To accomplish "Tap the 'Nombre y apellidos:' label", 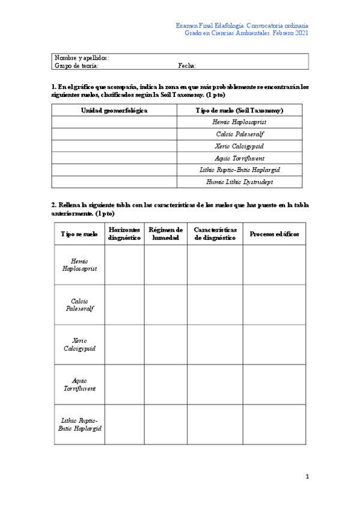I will click(x=82, y=58).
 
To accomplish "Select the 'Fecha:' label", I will click(x=187, y=66).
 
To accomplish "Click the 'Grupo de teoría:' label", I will click(x=76, y=66).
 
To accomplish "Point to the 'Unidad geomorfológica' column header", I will click(x=114, y=111).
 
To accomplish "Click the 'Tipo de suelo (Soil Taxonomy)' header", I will click(x=240, y=111).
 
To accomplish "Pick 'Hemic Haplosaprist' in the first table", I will click(x=240, y=122).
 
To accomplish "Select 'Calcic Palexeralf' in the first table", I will click(x=240, y=134).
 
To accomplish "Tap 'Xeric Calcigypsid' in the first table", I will click(x=240, y=146).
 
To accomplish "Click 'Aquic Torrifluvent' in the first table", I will click(x=240, y=158).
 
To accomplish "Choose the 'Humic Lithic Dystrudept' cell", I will click(x=240, y=181).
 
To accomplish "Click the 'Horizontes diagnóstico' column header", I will click(x=124, y=234).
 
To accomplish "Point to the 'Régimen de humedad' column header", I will click(x=165, y=234).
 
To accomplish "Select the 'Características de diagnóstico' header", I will click(x=215, y=234).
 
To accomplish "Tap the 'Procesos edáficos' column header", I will click(x=274, y=234).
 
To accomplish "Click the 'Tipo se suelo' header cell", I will click(x=79, y=234).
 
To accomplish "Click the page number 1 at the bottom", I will click(x=307, y=477).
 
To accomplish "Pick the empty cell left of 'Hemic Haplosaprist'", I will click(x=114, y=122).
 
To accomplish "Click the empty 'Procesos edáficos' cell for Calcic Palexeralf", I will click(x=274, y=305).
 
